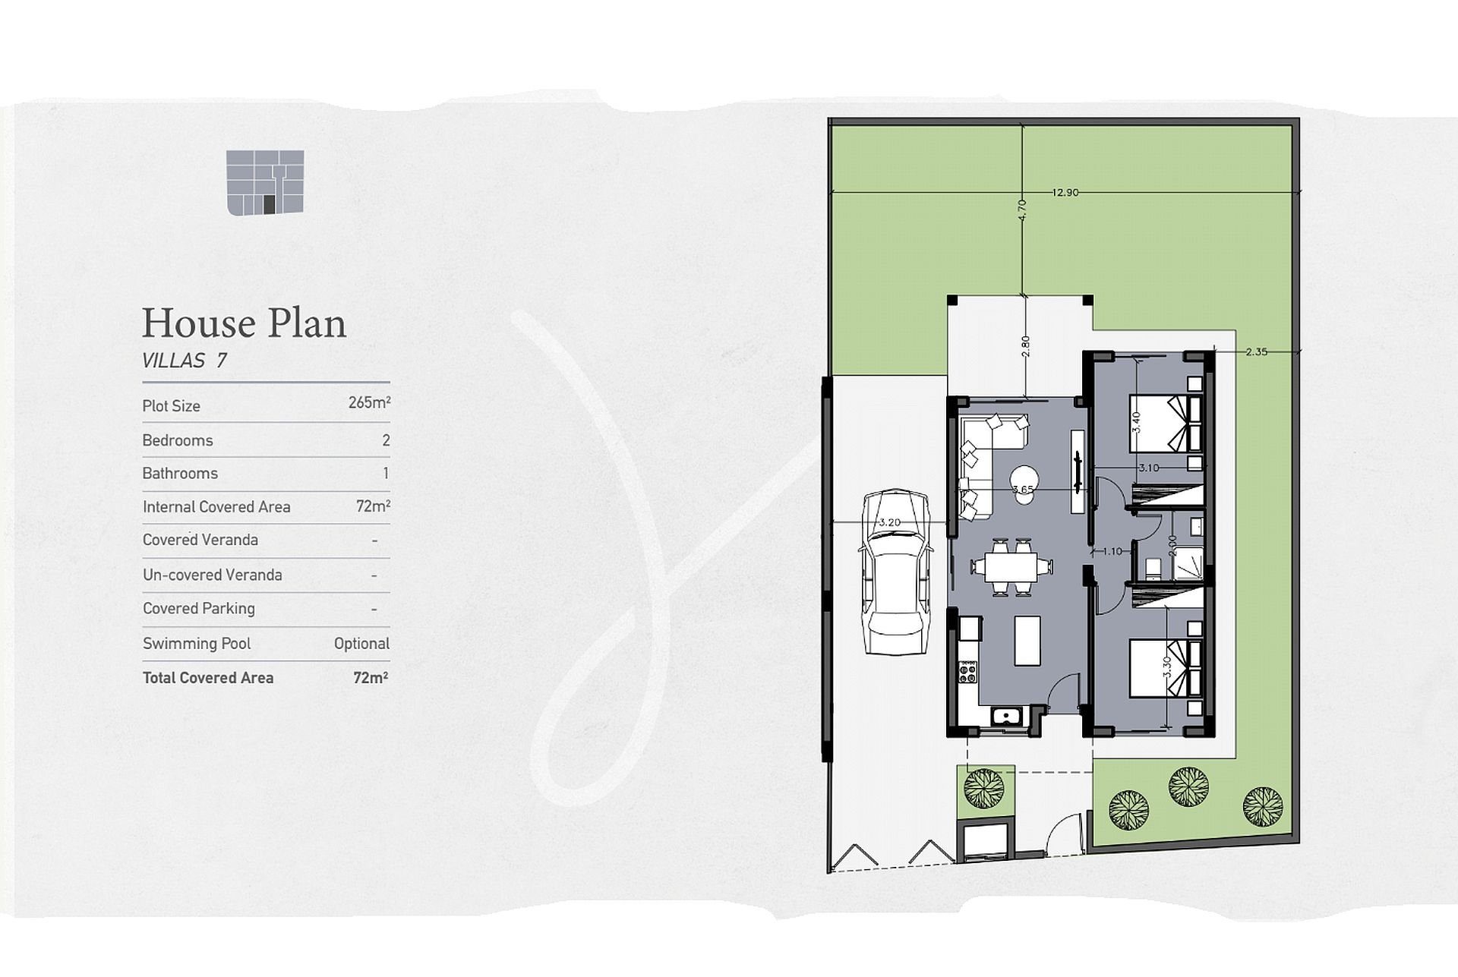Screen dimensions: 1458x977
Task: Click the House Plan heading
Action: (244, 323)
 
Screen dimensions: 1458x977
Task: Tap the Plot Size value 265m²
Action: (369, 402)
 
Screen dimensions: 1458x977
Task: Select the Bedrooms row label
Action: (178, 440)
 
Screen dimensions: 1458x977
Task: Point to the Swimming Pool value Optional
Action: (361, 644)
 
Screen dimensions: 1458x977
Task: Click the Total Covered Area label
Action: (208, 678)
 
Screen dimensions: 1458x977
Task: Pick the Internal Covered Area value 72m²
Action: (373, 506)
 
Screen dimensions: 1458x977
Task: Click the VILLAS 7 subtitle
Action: (185, 361)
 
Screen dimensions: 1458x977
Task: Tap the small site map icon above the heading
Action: (265, 182)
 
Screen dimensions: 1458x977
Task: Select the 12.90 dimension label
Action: (1065, 193)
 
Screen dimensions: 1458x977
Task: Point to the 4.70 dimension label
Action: (1022, 210)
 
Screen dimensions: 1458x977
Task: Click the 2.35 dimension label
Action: (1257, 351)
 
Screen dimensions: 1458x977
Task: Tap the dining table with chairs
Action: (1011, 566)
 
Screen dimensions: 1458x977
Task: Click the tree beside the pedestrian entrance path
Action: (985, 788)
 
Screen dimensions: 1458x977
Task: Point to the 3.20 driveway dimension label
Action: (889, 522)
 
